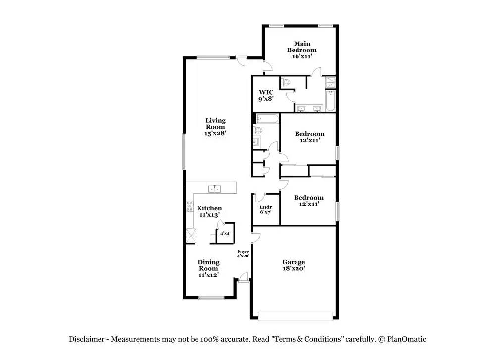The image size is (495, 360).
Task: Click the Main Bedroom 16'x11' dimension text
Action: (x=302, y=56)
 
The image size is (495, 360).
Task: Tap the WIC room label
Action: (x=266, y=92)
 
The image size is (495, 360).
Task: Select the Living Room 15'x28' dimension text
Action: (x=215, y=133)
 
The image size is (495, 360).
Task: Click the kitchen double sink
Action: (x=215, y=189)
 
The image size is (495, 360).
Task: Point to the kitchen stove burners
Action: (x=190, y=206)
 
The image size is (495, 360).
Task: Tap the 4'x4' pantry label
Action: (x=225, y=234)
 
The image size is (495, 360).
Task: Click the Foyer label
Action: (x=243, y=252)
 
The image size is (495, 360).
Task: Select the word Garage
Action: (x=294, y=262)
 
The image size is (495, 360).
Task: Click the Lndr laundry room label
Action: (x=266, y=207)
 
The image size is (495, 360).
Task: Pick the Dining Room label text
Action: (x=209, y=265)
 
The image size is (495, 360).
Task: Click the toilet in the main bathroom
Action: (x=285, y=83)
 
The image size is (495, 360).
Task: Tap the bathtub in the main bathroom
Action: (x=330, y=101)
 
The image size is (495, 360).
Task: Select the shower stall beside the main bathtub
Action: (x=330, y=82)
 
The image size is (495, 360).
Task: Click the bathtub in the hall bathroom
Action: (x=267, y=119)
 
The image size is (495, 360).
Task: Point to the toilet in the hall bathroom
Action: (x=258, y=130)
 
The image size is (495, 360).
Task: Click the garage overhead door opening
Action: (x=296, y=316)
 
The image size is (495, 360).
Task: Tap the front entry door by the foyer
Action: (x=244, y=278)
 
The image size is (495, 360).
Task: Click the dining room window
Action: (x=211, y=298)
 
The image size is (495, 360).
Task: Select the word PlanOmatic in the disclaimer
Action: (x=406, y=340)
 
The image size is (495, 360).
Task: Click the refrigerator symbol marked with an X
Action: (x=191, y=236)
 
